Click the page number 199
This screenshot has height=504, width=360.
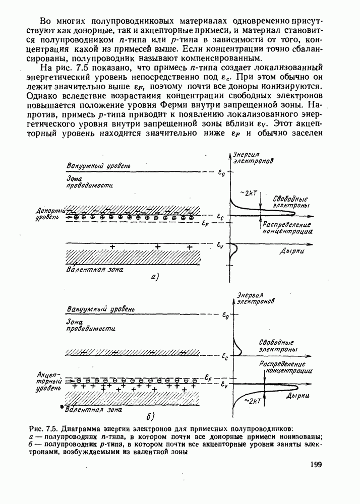click(313, 465)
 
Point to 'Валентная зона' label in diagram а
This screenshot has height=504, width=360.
click(96, 270)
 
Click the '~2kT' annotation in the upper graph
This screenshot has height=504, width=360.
click(250, 194)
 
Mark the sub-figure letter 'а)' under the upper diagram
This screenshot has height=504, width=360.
click(155, 276)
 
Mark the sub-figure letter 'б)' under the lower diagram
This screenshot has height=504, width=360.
click(150, 416)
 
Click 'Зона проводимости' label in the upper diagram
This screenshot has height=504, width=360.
click(89, 182)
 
